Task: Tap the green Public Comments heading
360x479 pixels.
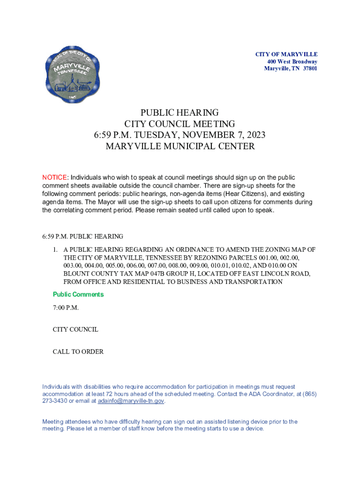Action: pyautogui.click(x=78, y=294)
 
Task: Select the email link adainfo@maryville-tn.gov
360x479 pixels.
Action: pyautogui.click(x=131, y=401)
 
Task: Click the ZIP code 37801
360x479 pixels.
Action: pyautogui.click(x=309, y=69)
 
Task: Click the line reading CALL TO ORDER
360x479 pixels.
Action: pyautogui.click(x=78, y=351)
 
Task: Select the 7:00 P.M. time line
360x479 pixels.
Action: pyautogui.click(x=65, y=307)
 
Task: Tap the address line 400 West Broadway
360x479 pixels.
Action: pyautogui.click(x=292, y=62)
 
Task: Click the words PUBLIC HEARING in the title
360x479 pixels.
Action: pyautogui.click(x=180, y=113)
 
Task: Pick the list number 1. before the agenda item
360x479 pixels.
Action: pyautogui.click(x=55, y=249)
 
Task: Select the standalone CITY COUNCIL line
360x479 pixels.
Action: pyautogui.click(x=75, y=329)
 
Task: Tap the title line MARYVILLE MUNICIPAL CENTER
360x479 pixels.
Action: pyautogui.click(x=180, y=146)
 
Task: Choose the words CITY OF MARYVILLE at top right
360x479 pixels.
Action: pyautogui.click(x=286, y=55)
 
